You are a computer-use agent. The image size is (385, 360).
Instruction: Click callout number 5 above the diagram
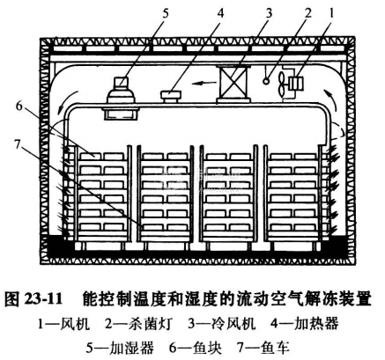click(166, 13)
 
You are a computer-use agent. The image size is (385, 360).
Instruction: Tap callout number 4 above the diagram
click(220, 13)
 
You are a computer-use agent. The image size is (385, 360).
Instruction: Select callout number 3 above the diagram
click(269, 13)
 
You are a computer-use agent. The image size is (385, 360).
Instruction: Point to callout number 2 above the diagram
click(307, 13)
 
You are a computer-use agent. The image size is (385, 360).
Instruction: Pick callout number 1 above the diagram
click(332, 13)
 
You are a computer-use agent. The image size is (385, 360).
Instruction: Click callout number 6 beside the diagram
click(19, 107)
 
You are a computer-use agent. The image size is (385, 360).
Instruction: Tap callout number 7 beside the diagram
click(18, 144)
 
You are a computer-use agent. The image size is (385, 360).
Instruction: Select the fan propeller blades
click(283, 84)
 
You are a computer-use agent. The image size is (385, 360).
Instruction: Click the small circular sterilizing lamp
click(267, 81)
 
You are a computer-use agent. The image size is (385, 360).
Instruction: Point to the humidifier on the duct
click(122, 99)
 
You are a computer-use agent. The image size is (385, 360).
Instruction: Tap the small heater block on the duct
click(171, 96)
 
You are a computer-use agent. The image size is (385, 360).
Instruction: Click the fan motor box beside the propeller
click(296, 84)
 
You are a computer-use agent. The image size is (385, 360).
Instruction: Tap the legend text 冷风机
click(233, 324)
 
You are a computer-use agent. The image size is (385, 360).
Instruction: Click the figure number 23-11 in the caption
click(43, 298)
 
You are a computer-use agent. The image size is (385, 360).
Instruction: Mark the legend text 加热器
click(316, 324)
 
